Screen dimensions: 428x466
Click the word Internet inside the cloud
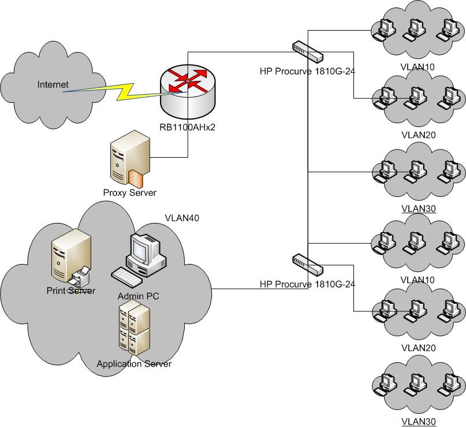click(x=53, y=85)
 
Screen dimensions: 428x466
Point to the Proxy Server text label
click(x=129, y=193)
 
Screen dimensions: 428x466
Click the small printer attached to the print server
click(x=80, y=276)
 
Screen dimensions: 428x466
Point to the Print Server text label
click(x=70, y=290)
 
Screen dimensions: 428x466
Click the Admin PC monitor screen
click(x=139, y=248)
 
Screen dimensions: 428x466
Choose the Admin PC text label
click(x=138, y=296)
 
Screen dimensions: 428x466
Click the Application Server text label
click(x=134, y=364)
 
